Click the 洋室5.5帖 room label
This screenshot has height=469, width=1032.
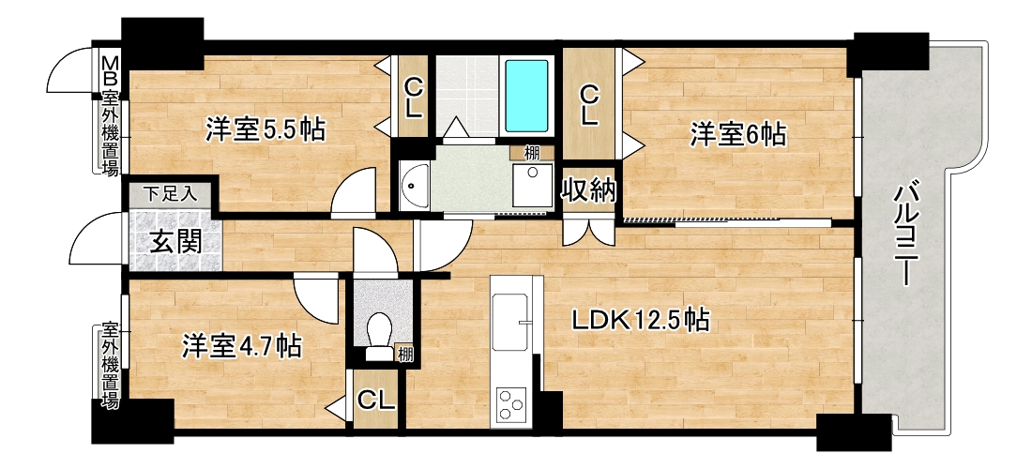265,130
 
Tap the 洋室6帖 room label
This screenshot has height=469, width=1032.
736,135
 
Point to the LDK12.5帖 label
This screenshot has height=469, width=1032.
639,321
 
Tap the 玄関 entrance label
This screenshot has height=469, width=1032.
175,243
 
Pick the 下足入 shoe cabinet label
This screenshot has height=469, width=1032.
170,194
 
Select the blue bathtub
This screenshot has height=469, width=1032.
526,96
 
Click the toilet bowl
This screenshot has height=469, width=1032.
378,333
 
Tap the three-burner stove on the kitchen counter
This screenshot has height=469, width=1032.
511,404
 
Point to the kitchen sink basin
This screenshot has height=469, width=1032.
510,321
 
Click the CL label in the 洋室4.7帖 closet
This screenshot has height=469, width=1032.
376,400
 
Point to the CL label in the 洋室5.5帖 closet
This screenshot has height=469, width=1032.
413,97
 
